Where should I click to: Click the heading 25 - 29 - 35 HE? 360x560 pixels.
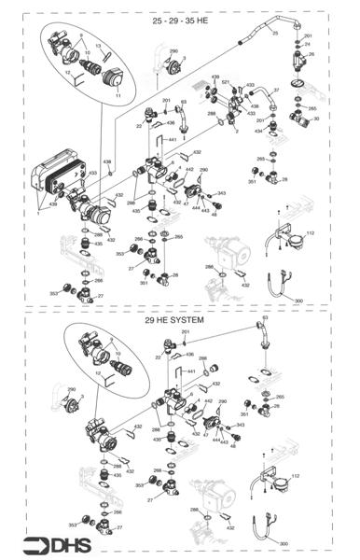[x=179, y=20]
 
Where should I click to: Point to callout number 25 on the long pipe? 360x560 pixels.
[x=275, y=33]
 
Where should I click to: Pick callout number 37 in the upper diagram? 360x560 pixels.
[x=276, y=90]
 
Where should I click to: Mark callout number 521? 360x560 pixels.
[x=226, y=82]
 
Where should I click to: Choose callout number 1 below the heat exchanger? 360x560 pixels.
[x=36, y=214]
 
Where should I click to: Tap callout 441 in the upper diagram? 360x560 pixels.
[x=173, y=138]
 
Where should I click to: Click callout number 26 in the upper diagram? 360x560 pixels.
[x=312, y=54]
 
